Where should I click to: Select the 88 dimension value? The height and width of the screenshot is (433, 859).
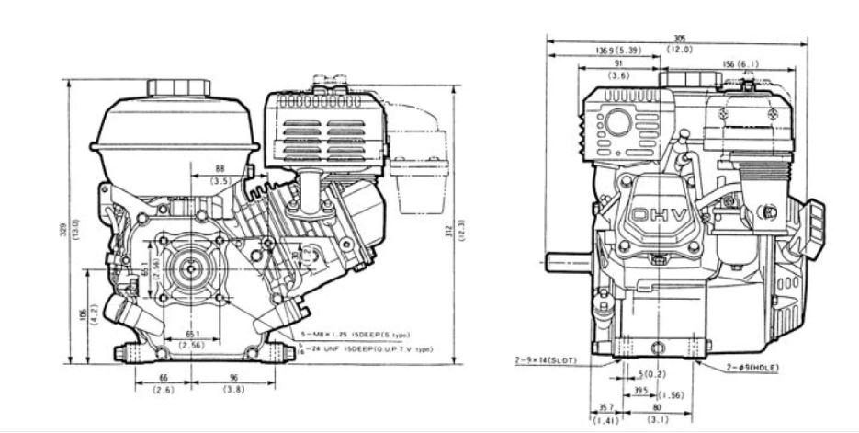[220, 169]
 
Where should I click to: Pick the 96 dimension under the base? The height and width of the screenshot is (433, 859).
[234, 377]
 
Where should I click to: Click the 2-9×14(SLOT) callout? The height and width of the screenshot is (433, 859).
[546, 361]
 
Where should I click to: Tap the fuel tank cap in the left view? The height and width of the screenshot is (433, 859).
[171, 83]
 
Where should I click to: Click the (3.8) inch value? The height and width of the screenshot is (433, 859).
[234, 390]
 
